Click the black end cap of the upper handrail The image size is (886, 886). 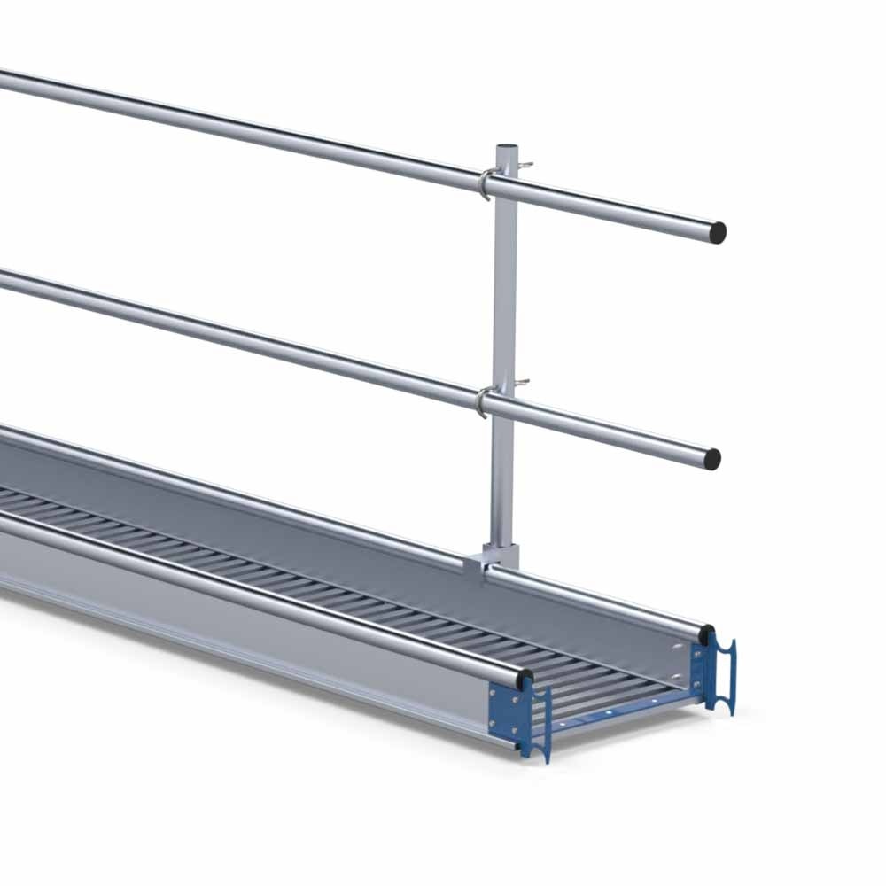click(x=717, y=233)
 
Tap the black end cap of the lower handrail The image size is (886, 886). click(x=711, y=459)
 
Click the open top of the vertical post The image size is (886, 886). click(x=508, y=147)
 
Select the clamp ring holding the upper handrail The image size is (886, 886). click(x=485, y=183)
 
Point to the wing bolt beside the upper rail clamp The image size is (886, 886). click(x=525, y=166)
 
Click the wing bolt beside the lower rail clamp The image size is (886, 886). click(x=523, y=383)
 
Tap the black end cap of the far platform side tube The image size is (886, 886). click(x=706, y=635)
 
